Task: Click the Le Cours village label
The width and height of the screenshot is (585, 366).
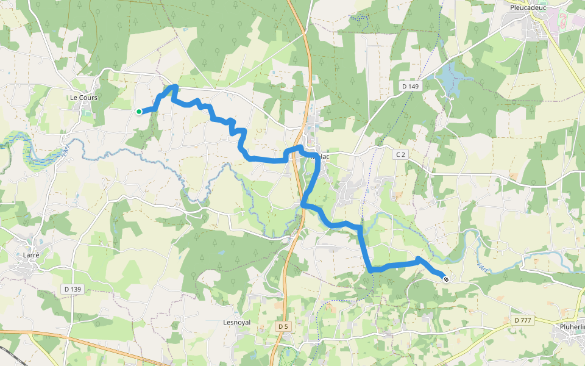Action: [83, 98]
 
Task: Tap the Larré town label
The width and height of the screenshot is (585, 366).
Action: [31, 255]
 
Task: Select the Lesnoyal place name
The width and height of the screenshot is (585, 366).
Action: [237, 322]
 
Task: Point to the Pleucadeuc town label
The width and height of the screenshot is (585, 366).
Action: [528, 8]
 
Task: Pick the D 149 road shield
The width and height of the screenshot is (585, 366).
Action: [411, 87]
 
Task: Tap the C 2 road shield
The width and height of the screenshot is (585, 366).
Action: [400, 155]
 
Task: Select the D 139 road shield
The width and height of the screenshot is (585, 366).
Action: [72, 289]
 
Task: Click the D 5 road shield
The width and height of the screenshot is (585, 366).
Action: [283, 327]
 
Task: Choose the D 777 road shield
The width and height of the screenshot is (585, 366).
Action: [523, 320]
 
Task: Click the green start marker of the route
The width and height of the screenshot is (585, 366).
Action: [139, 111]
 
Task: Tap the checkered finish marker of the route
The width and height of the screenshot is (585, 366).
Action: [446, 279]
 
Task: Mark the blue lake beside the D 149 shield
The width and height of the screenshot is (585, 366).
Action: [451, 79]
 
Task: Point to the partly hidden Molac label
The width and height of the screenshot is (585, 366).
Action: [323, 156]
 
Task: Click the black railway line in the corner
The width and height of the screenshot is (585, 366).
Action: [9, 354]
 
